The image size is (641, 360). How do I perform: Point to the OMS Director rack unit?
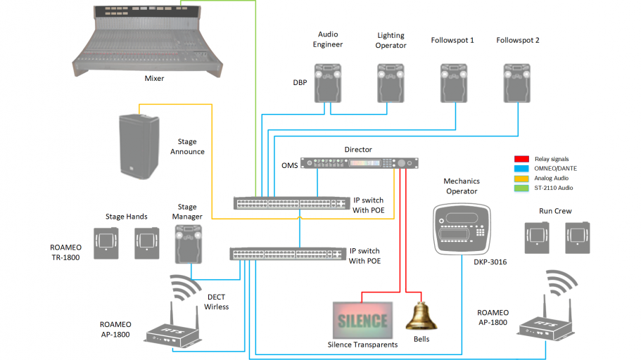click(360, 163)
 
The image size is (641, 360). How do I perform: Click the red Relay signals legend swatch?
click(521, 159)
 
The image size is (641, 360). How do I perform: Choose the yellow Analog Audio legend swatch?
click(521, 179)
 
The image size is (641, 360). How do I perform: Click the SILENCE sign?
click(362, 321)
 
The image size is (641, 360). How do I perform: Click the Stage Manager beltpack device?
click(189, 241)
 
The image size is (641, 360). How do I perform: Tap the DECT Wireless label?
click(217, 302)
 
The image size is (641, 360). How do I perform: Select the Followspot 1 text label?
click(452, 40)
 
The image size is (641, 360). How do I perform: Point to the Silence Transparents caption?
click(362, 345)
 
